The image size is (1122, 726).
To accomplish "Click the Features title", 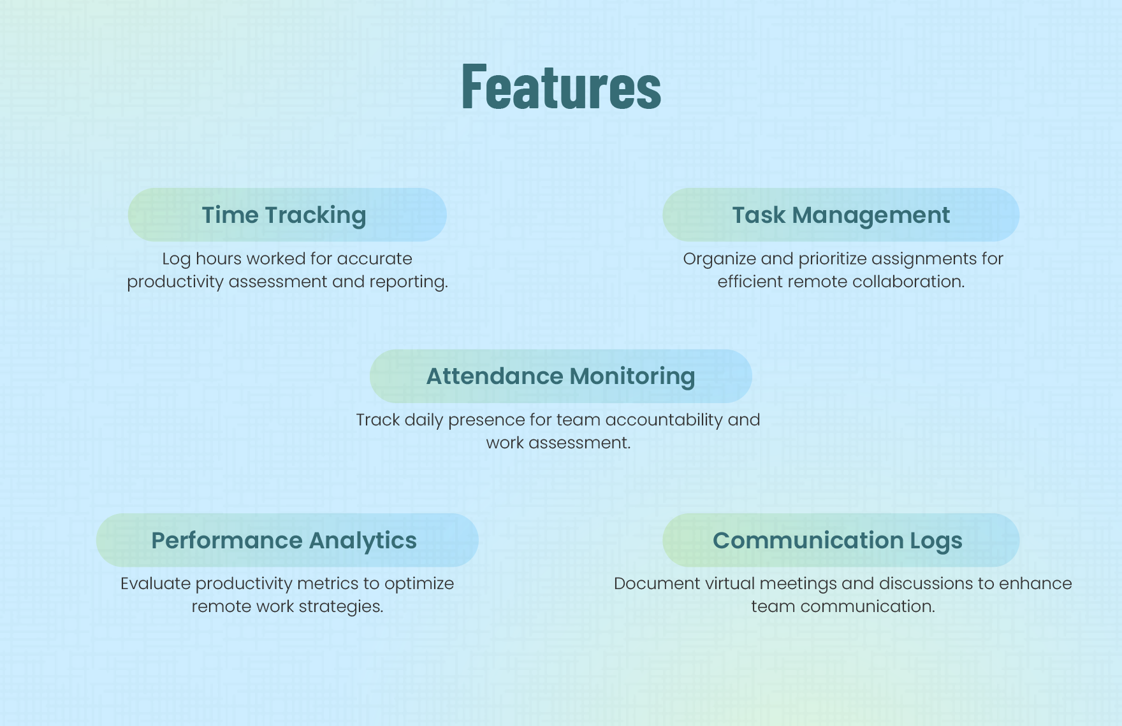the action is pos(561,86).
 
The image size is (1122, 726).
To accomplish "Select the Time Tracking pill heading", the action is pos(287,215).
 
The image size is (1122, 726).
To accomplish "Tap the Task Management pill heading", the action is pos(841,215).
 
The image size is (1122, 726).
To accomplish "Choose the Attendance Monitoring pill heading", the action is pos(561,376).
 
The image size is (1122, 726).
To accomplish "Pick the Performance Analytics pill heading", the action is pos(287,540).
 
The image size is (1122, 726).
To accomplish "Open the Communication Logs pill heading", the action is pos(841,540).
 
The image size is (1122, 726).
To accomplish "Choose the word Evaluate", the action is pos(156,583).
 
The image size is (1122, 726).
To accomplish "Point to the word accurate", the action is pos(375,259).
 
